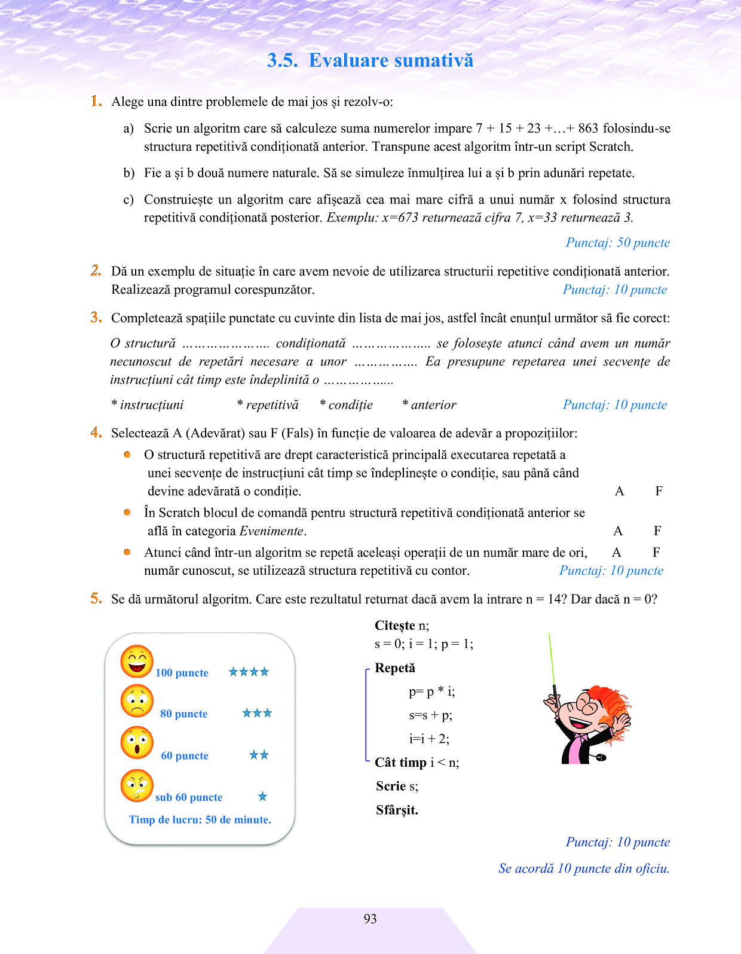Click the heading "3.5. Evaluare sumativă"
(x=370, y=60)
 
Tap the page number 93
(x=370, y=919)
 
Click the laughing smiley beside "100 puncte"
(x=137, y=662)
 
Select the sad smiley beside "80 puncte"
(x=137, y=701)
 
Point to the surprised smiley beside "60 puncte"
(x=137, y=742)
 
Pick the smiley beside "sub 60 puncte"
(x=137, y=785)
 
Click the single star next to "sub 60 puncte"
(x=262, y=796)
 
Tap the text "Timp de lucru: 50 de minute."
(x=200, y=819)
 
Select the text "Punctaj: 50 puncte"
(x=617, y=243)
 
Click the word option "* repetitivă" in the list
(x=268, y=405)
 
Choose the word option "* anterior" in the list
(x=429, y=405)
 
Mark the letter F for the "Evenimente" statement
(x=657, y=531)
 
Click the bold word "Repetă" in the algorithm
(x=394, y=668)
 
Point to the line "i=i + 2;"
(x=429, y=739)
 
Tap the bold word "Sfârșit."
(x=397, y=810)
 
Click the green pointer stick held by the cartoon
(x=552, y=664)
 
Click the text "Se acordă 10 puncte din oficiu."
(x=584, y=868)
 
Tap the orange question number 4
(x=96, y=432)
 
